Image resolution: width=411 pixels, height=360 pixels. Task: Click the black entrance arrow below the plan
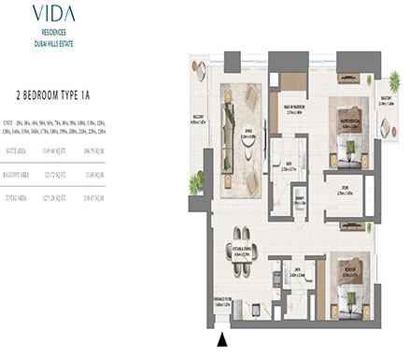(x=221, y=338)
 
